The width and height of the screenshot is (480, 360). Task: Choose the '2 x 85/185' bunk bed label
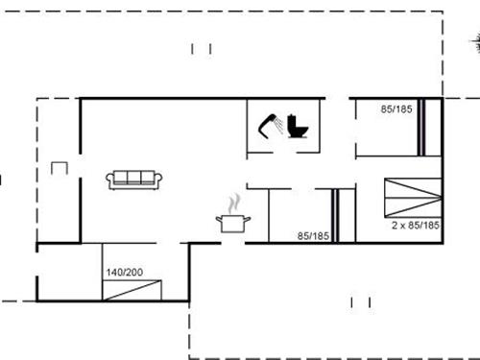[415, 225]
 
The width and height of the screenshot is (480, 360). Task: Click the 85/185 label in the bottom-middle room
[314, 235]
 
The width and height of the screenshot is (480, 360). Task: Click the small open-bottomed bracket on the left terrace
[60, 167]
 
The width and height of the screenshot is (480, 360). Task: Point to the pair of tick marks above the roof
[201, 49]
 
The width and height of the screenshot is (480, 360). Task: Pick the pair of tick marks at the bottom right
[361, 303]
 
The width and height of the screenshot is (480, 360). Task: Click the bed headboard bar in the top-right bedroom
[420, 126]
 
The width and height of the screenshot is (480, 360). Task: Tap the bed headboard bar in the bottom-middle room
[336, 217]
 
